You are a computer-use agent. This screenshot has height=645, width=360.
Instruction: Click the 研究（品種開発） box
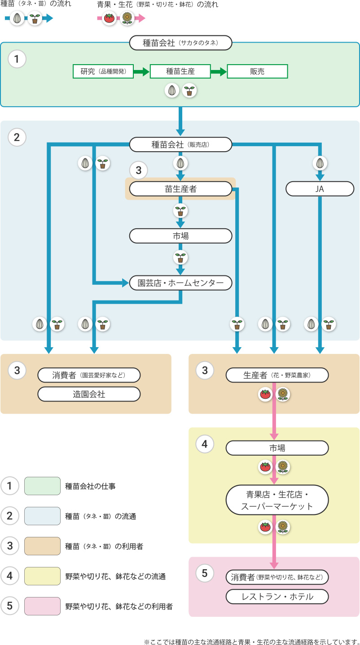pos(103,71)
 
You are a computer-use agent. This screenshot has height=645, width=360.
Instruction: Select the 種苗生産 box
pos(180,71)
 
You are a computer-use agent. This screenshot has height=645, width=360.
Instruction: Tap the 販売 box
pos(257,71)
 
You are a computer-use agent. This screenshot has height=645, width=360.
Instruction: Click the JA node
pos(320,189)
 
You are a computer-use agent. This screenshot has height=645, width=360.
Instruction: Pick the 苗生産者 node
pos(180,189)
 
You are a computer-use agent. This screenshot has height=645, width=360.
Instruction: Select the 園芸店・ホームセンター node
pos(180,283)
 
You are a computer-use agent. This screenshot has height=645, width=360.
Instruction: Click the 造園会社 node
pos(89,394)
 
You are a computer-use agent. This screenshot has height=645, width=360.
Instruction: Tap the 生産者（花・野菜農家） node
pos(277,375)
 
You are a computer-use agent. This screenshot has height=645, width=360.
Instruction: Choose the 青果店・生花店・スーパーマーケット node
pos(277,500)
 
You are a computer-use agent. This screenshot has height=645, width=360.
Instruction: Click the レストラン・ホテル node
pos(277,597)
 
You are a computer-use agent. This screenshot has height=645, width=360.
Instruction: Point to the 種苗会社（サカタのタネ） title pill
pos(180,43)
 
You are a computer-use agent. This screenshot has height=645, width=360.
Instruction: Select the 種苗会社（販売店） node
pos(180,144)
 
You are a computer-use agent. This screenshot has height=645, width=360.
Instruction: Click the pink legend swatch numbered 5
pos(42,606)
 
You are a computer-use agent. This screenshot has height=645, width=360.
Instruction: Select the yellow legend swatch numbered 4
pos(42,576)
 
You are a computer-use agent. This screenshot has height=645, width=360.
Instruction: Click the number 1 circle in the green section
pos(17,59)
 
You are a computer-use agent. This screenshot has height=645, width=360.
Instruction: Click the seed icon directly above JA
pos(320,163)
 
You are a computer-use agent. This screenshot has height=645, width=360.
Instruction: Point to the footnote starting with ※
pos(252,641)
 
